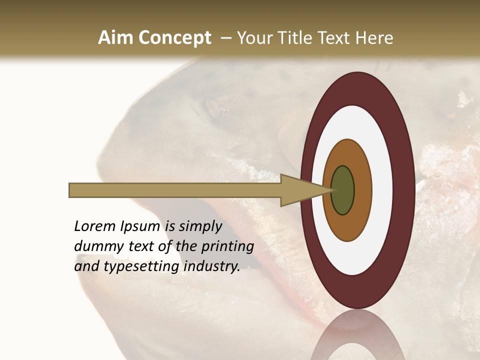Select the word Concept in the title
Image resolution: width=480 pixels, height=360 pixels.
[x=174, y=38]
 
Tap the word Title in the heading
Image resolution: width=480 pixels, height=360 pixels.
[x=295, y=38]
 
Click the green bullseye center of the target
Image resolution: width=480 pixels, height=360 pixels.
[x=342, y=190]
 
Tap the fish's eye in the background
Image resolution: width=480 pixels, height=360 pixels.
[x=213, y=106]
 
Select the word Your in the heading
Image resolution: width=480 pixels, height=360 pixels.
[x=253, y=38]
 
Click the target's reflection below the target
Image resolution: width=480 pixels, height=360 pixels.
[x=358, y=335]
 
